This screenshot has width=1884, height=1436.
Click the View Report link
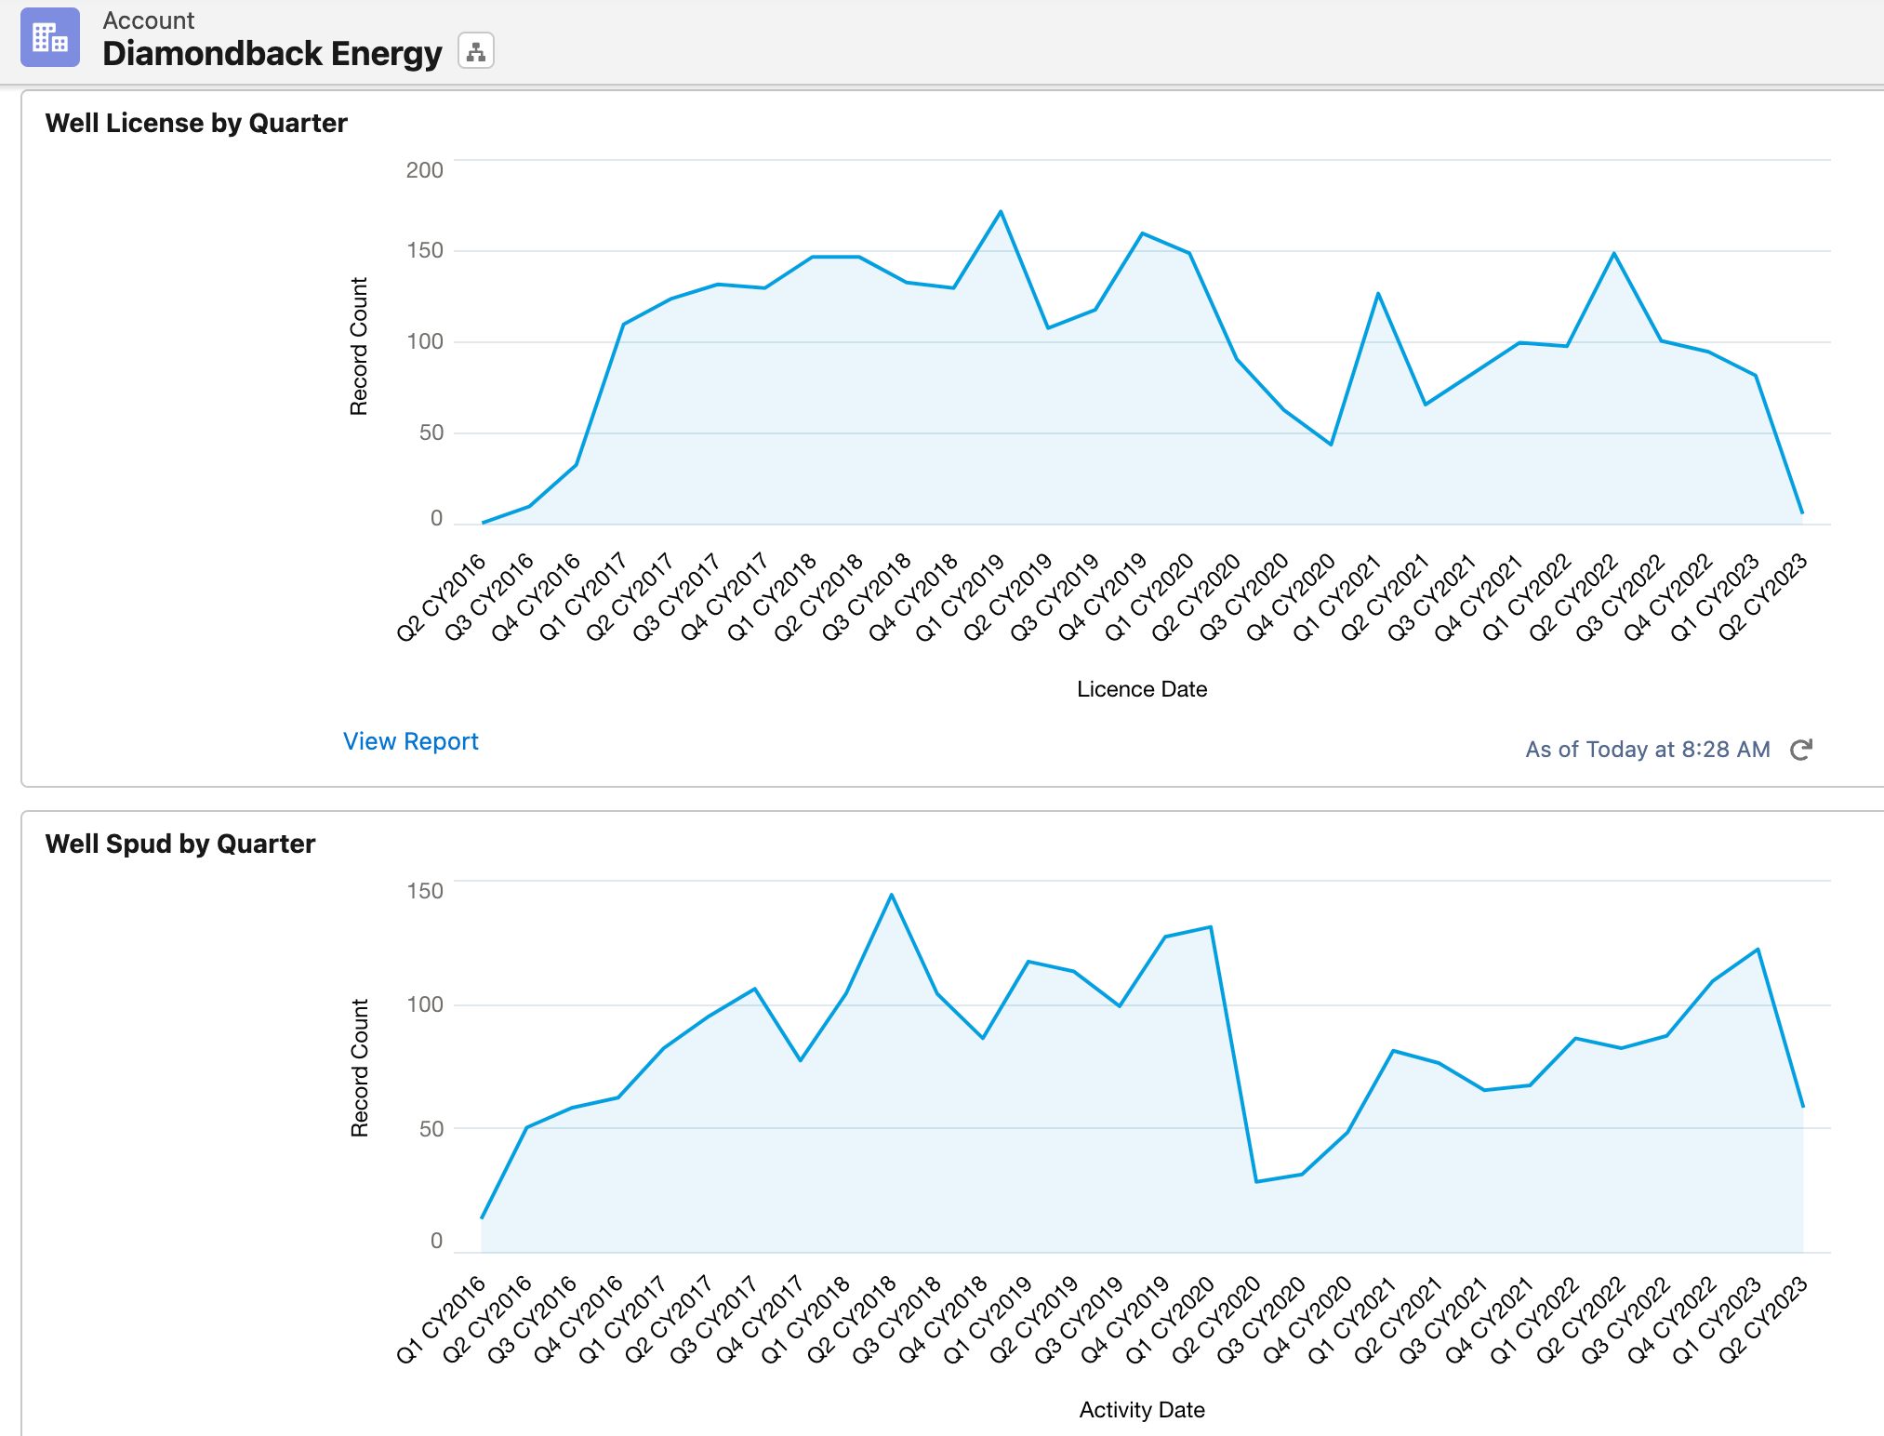point(410,741)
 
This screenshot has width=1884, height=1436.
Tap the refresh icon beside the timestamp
point(1801,750)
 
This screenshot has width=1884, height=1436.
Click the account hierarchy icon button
point(476,51)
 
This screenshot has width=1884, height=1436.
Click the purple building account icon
point(50,37)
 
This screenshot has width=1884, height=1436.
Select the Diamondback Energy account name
point(272,53)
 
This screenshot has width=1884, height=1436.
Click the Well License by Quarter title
point(196,123)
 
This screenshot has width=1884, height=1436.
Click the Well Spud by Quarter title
point(180,844)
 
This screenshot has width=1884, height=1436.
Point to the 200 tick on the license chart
point(424,170)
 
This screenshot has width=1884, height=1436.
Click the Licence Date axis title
point(1141,689)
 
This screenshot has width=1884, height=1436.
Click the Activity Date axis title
point(1141,1410)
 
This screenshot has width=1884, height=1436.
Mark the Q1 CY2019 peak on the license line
point(1001,212)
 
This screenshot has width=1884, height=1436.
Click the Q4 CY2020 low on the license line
point(1331,445)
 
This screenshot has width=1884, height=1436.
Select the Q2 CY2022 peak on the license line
point(1613,253)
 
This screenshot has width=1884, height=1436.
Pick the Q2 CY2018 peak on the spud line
point(891,896)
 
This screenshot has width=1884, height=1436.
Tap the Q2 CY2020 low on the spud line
point(1256,1181)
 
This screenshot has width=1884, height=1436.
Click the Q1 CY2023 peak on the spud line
point(1758,950)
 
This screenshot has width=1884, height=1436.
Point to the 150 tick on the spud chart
point(424,891)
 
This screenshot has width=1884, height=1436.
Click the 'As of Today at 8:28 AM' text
point(1647,750)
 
